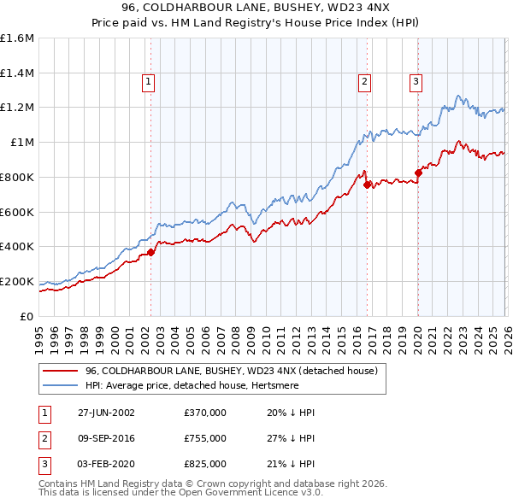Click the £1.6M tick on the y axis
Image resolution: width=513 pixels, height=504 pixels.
point(17,38)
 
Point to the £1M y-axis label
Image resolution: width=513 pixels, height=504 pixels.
point(21,143)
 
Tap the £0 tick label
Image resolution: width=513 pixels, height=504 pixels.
point(27,316)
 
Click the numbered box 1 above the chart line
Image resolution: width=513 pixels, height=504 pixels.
point(148,82)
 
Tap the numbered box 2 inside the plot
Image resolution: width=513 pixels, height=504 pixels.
point(364,82)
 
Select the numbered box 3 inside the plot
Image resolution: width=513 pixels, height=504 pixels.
point(416,82)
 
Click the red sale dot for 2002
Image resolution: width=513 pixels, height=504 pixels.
point(151,252)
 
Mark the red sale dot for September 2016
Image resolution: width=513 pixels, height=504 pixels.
point(367,185)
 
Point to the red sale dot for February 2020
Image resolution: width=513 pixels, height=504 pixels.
point(418,173)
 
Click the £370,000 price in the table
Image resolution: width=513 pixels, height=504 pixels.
point(205,412)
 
